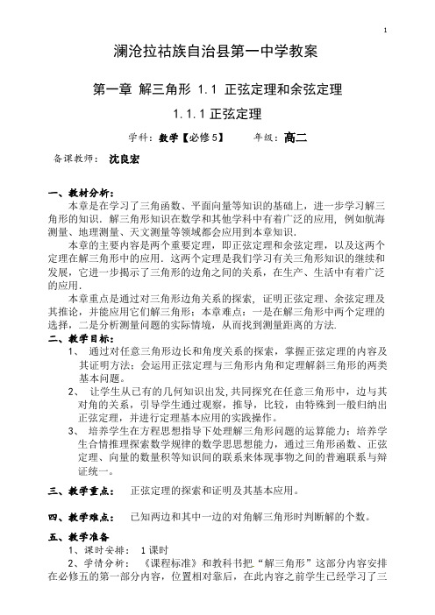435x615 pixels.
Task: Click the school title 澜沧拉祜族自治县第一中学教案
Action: (217, 55)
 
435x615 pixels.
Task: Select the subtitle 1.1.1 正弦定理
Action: (217, 114)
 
